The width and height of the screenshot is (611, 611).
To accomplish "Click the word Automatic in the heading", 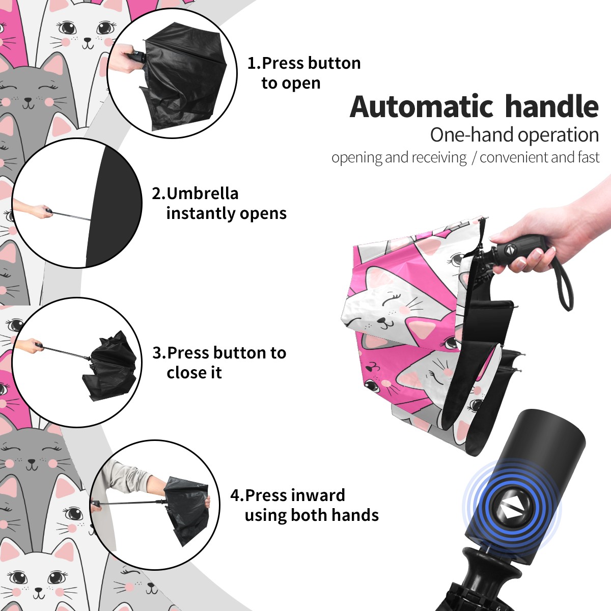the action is pyautogui.click(x=422, y=106).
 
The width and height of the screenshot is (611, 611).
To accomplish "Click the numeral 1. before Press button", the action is pyautogui.click(x=254, y=63).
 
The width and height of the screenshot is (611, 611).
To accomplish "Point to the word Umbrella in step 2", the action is pyautogui.click(x=202, y=193).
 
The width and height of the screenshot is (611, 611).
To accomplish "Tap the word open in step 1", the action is pyautogui.click(x=301, y=84).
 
